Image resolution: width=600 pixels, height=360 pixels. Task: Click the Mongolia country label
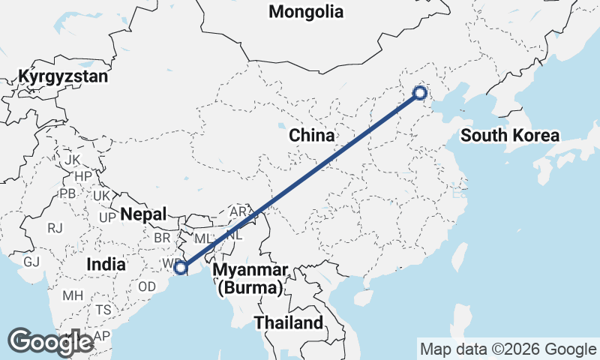(x=306, y=12)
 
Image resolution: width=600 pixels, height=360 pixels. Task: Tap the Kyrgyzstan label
(x=64, y=76)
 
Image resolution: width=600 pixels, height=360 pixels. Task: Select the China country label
(x=311, y=136)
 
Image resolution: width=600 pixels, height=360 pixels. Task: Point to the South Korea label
(x=510, y=136)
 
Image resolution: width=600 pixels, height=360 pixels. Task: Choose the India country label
(x=106, y=264)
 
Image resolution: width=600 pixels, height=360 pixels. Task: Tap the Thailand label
(x=288, y=323)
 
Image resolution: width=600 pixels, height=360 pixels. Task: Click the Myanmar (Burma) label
(x=250, y=278)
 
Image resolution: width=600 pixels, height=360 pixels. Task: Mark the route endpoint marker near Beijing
(x=420, y=93)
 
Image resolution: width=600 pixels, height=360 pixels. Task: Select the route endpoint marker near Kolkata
(x=180, y=267)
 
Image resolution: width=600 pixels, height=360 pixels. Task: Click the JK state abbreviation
(x=72, y=160)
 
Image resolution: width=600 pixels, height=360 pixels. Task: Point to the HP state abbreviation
(x=82, y=176)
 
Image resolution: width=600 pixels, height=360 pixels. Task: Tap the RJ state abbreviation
(x=55, y=227)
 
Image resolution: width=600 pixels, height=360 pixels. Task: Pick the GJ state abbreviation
(x=31, y=262)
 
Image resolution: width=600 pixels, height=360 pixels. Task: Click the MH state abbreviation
(x=73, y=295)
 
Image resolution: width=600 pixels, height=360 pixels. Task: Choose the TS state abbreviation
(x=103, y=310)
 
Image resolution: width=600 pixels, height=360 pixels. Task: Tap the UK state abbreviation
(x=102, y=195)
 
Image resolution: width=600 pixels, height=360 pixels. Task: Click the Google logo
(x=50, y=342)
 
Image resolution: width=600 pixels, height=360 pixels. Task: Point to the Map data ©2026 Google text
(x=508, y=349)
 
